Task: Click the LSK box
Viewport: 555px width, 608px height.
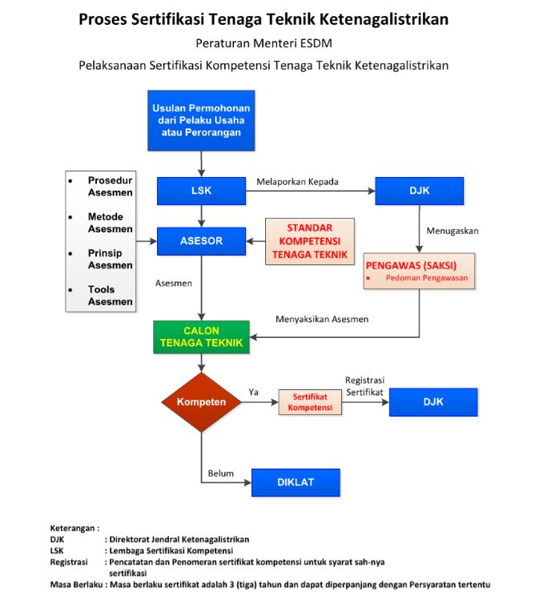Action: click(x=201, y=191)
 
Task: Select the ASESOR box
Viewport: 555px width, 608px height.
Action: click(x=201, y=241)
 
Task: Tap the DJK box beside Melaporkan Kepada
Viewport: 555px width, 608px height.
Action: click(x=420, y=191)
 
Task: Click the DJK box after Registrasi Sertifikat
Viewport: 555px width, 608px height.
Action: click(x=433, y=402)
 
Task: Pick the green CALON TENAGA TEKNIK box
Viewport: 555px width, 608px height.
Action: click(x=201, y=337)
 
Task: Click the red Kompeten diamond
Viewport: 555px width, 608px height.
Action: click(x=201, y=402)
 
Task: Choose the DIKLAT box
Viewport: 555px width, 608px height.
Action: click(x=296, y=482)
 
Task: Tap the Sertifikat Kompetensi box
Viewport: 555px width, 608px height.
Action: click(x=310, y=402)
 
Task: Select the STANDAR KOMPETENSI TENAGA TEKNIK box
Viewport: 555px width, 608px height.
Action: click(x=310, y=241)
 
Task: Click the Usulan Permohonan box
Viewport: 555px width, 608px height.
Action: click(x=201, y=121)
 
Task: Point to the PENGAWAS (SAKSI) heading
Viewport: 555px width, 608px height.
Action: click(x=411, y=266)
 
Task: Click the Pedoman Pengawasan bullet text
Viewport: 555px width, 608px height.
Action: click(x=427, y=278)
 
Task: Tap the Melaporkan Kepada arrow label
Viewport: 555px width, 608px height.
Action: click(x=297, y=182)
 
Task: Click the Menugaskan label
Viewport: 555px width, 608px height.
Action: click(x=452, y=231)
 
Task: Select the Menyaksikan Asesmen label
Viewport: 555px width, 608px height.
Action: click(x=322, y=319)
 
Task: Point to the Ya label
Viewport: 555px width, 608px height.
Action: click(x=253, y=392)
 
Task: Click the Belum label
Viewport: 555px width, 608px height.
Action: click(x=220, y=473)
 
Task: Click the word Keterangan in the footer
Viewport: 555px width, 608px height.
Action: click(x=72, y=528)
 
